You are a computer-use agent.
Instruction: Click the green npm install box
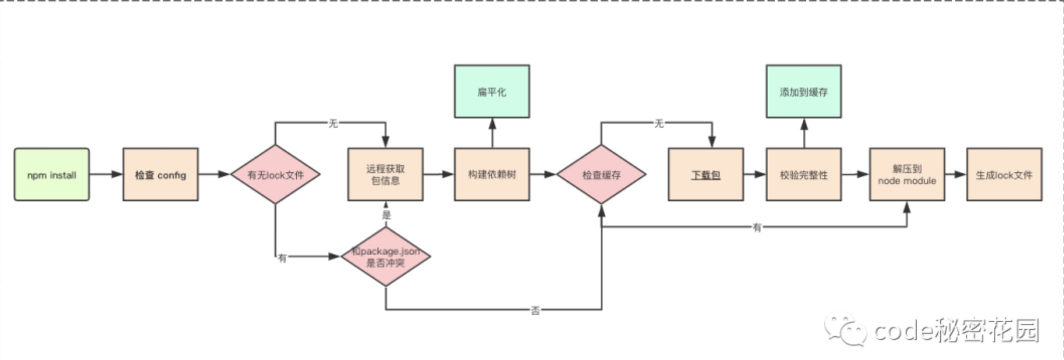(x=52, y=175)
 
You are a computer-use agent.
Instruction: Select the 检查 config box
(x=160, y=175)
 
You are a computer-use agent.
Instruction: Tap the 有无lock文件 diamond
(x=275, y=175)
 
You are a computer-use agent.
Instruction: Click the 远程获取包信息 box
(x=385, y=175)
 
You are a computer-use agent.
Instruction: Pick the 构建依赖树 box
(x=492, y=175)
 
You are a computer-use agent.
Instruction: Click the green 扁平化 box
(x=492, y=92)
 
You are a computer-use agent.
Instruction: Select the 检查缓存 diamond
(x=601, y=175)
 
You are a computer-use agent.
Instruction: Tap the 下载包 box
(x=705, y=175)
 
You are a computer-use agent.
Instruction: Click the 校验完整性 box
(x=803, y=175)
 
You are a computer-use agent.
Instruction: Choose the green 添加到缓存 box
(x=803, y=92)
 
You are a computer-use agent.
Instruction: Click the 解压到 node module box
(x=907, y=175)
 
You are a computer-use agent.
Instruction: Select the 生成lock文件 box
(x=1004, y=175)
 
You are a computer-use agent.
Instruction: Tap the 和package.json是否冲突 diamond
(x=385, y=257)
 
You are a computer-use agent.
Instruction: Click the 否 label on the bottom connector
(x=535, y=311)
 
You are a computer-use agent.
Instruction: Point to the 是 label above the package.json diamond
(x=386, y=215)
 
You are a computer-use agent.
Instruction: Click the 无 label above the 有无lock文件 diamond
(x=333, y=123)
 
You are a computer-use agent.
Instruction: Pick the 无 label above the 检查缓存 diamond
(x=659, y=123)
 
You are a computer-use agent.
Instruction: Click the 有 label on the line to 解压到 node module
(x=757, y=227)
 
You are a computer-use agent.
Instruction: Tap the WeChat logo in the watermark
(x=845, y=329)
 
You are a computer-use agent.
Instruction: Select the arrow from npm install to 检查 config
(x=106, y=175)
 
